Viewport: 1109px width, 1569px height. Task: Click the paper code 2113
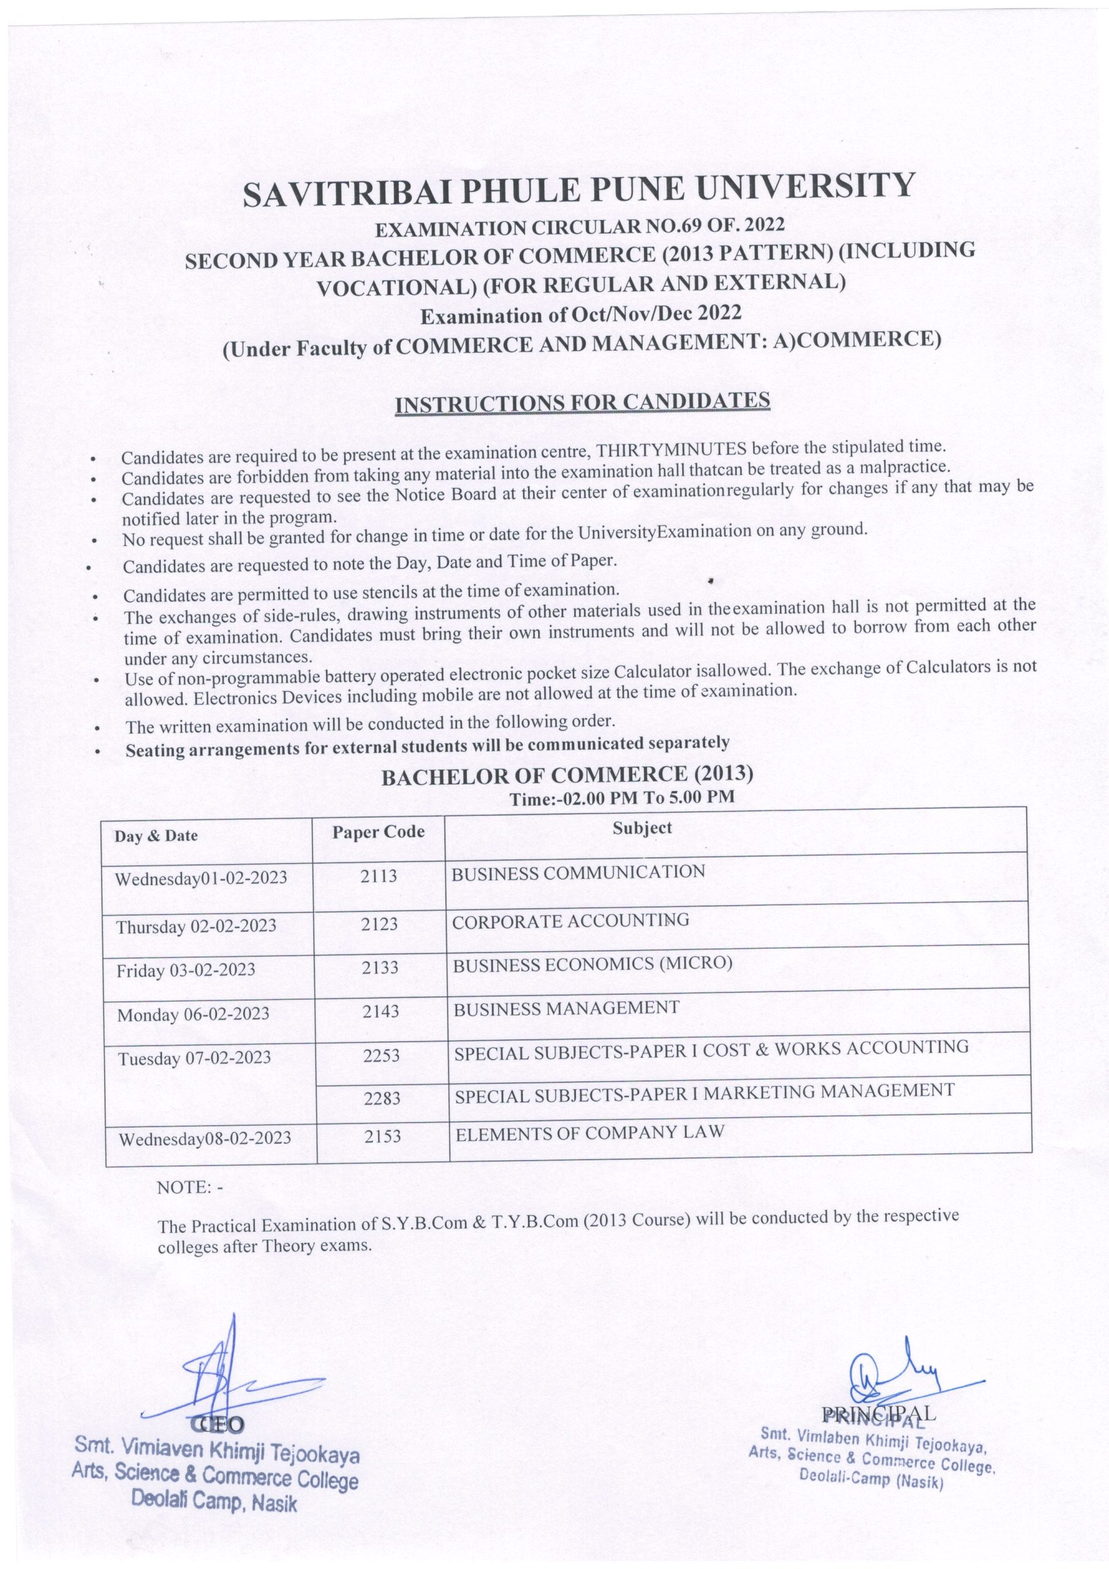[379, 875]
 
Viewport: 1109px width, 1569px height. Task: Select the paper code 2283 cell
[382, 1099]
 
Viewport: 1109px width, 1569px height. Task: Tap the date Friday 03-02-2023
[186, 970]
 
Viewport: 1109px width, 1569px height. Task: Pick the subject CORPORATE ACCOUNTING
[570, 921]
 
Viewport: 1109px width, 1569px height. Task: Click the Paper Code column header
[378, 832]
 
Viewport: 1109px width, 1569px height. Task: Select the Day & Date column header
[156, 836]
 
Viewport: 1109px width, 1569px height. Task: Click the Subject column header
[642, 827]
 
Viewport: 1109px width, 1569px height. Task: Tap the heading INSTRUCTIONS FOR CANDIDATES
[583, 403]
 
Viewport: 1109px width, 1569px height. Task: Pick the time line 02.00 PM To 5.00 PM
[622, 797]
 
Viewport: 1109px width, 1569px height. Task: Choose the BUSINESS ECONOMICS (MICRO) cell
[592, 964]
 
